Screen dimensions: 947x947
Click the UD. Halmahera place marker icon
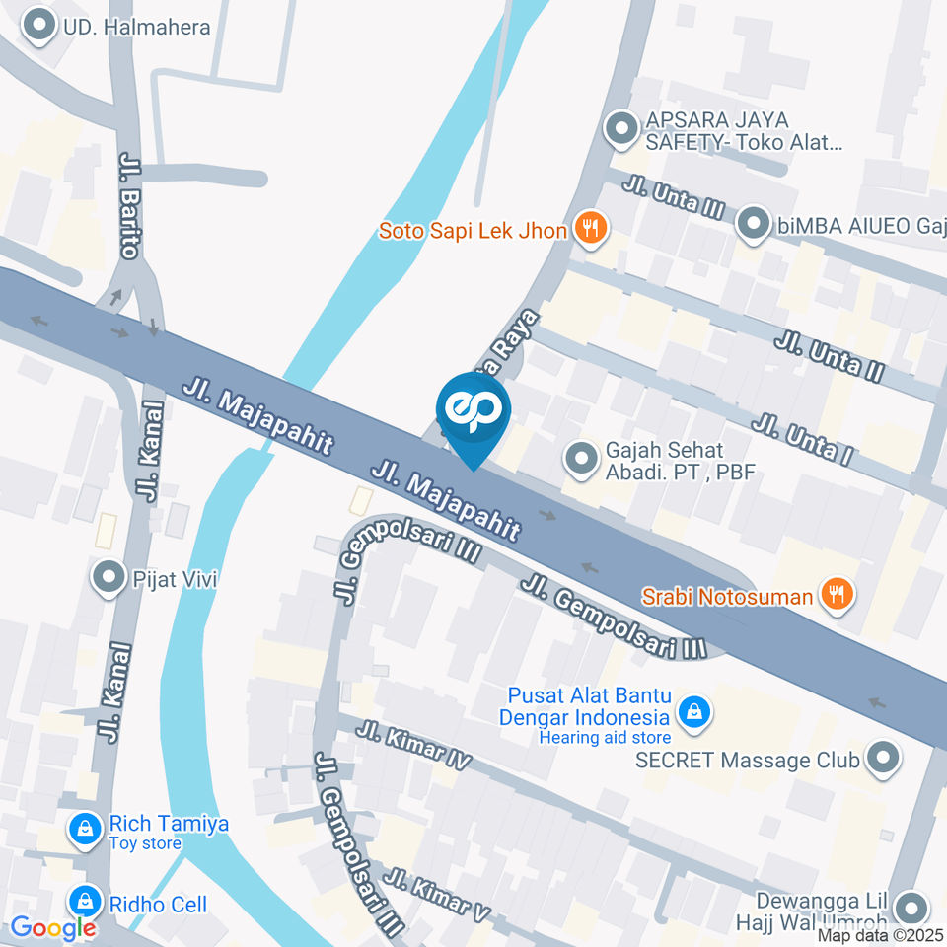point(40,27)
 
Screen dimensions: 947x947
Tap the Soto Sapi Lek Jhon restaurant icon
point(591,230)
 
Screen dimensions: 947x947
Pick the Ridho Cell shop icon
point(86,902)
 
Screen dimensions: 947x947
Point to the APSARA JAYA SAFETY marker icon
point(621,129)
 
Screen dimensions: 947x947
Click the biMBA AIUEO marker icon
point(755,224)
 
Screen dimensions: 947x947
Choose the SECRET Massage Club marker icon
point(882,760)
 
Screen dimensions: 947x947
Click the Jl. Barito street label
point(128,205)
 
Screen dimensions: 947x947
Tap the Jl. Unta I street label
point(801,439)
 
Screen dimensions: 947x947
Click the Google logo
point(52,927)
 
